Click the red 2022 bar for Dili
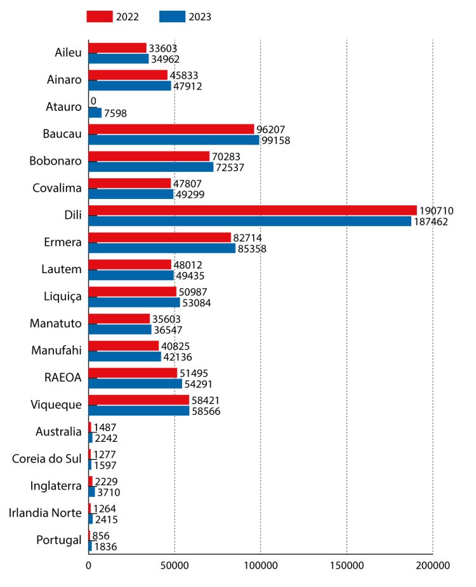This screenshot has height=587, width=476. (x=253, y=210)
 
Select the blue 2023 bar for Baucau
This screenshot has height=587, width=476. (x=174, y=139)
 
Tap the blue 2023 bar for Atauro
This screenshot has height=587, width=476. (x=95, y=112)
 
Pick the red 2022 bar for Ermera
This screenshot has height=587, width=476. (x=159, y=237)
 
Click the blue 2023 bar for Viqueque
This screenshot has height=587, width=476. (x=139, y=411)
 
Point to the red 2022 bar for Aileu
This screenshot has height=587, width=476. (x=117, y=48)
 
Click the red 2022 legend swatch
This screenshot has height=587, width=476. (x=100, y=16)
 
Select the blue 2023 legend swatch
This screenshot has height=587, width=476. (x=173, y=16)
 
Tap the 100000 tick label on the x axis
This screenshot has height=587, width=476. (x=260, y=564)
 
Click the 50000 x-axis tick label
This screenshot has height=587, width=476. (x=175, y=564)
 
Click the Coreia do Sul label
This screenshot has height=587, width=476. (x=48, y=459)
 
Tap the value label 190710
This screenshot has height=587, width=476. (x=437, y=210)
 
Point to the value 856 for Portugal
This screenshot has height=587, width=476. (x=102, y=535)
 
